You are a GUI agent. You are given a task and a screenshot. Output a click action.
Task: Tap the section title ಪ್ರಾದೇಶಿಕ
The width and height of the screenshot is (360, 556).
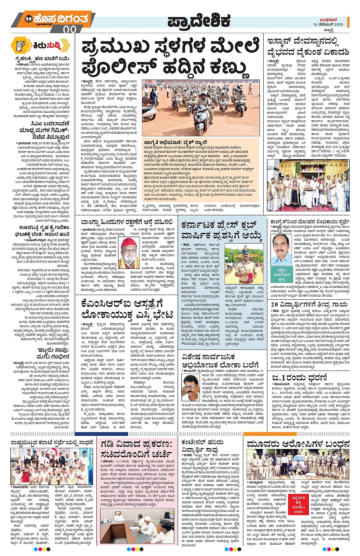(199, 21)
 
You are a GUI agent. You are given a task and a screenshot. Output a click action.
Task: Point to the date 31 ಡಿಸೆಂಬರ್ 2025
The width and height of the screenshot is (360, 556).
(328, 24)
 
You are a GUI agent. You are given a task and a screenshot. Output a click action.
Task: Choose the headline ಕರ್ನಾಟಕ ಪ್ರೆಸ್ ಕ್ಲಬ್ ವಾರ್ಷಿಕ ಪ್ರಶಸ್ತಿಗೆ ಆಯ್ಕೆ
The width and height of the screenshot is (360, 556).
(222, 230)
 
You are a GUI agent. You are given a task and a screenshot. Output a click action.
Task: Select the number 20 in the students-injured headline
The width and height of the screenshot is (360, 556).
(275, 304)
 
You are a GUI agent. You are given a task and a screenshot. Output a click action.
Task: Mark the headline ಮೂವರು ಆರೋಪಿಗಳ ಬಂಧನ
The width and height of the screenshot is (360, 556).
(298, 444)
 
